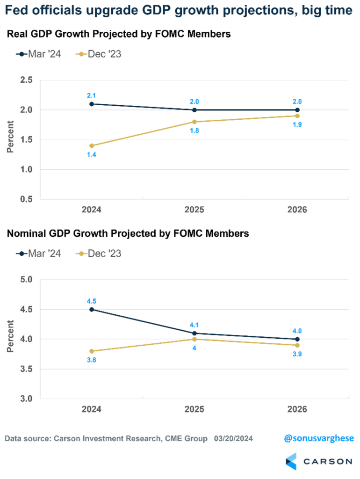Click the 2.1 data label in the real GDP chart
coord(91,95)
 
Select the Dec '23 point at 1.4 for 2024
coord(91,145)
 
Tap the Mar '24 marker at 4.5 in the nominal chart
coord(91,309)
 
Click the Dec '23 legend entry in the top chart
coord(100,54)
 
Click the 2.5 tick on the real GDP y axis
coord(26,80)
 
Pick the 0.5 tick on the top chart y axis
coord(26,199)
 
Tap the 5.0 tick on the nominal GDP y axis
coord(26,280)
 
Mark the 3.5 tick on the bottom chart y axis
coord(26,369)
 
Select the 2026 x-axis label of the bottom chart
coord(297,409)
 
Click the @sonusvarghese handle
coord(319,438)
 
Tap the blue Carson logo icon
coord(291,461)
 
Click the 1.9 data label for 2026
coord(297,125)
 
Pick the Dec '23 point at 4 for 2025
coord(194,339)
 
